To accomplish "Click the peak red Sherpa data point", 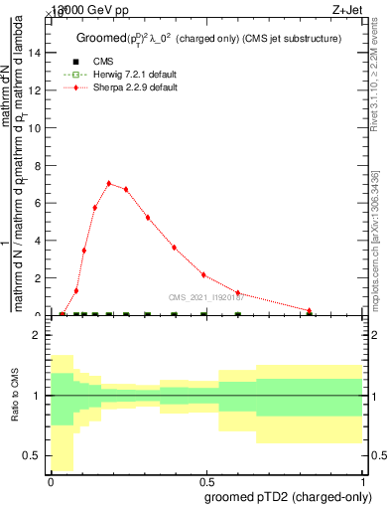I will (x=109, y=183).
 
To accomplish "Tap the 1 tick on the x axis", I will (x=363, y=480).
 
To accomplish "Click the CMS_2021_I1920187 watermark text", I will (x=207, y=296).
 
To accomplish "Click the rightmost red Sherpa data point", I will (x=310, y=310).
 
